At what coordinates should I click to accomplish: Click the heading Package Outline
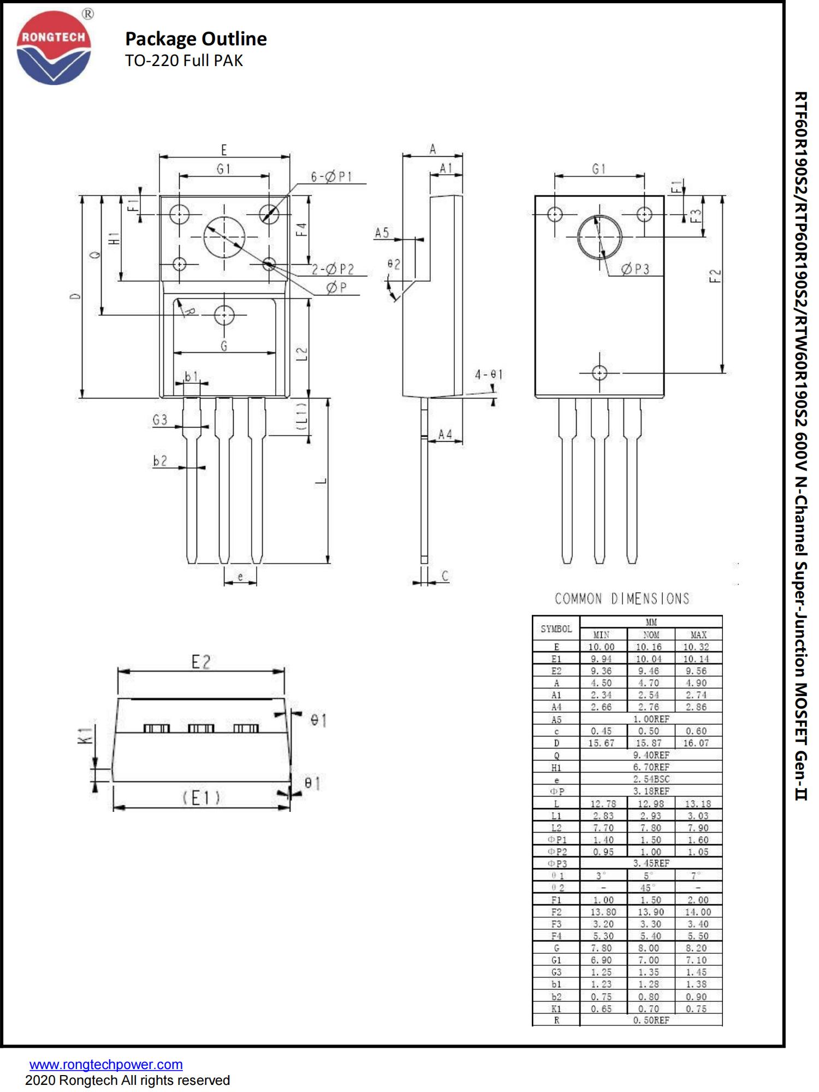pos(195,39)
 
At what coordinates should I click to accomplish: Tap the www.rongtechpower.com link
pos(106,1064)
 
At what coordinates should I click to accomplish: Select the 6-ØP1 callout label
pos(331,176)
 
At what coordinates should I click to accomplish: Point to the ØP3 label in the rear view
pos(636,269)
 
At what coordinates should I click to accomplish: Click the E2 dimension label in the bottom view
pos(201,662)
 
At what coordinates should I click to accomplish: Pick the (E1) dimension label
pos(201,798)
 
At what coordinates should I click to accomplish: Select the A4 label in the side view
pos(446,434)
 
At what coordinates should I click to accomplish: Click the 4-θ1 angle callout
pos(488,375)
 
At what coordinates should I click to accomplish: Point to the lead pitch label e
pos(240,576)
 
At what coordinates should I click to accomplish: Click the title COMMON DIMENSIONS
pos(622,599)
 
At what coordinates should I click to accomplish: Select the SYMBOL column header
pos(556,628)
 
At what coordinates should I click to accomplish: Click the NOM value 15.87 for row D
pos(649,743)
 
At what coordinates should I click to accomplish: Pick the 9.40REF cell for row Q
pos(651,755)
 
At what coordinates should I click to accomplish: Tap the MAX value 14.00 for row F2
pos(698,912)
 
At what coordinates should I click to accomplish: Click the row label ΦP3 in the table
pos(556,864)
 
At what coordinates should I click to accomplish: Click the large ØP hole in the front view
pos(224,237)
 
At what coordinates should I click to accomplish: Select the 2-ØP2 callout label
pos(333,269)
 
